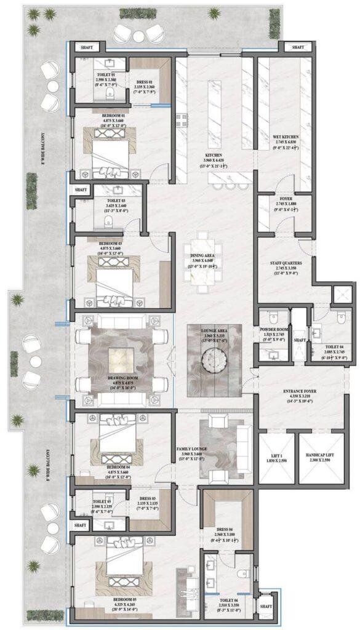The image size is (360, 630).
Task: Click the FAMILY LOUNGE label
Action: pyautogui.click(x=191, y=453)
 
